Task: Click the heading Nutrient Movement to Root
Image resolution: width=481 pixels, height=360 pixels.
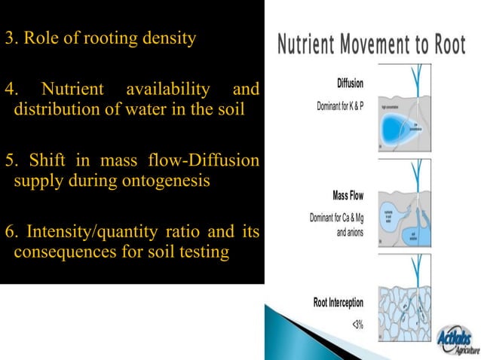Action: tap(372, 44)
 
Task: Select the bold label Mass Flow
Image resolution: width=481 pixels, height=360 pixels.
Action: tap(348, 196)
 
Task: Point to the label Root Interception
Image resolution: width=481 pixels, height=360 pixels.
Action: tap(338, 303)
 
